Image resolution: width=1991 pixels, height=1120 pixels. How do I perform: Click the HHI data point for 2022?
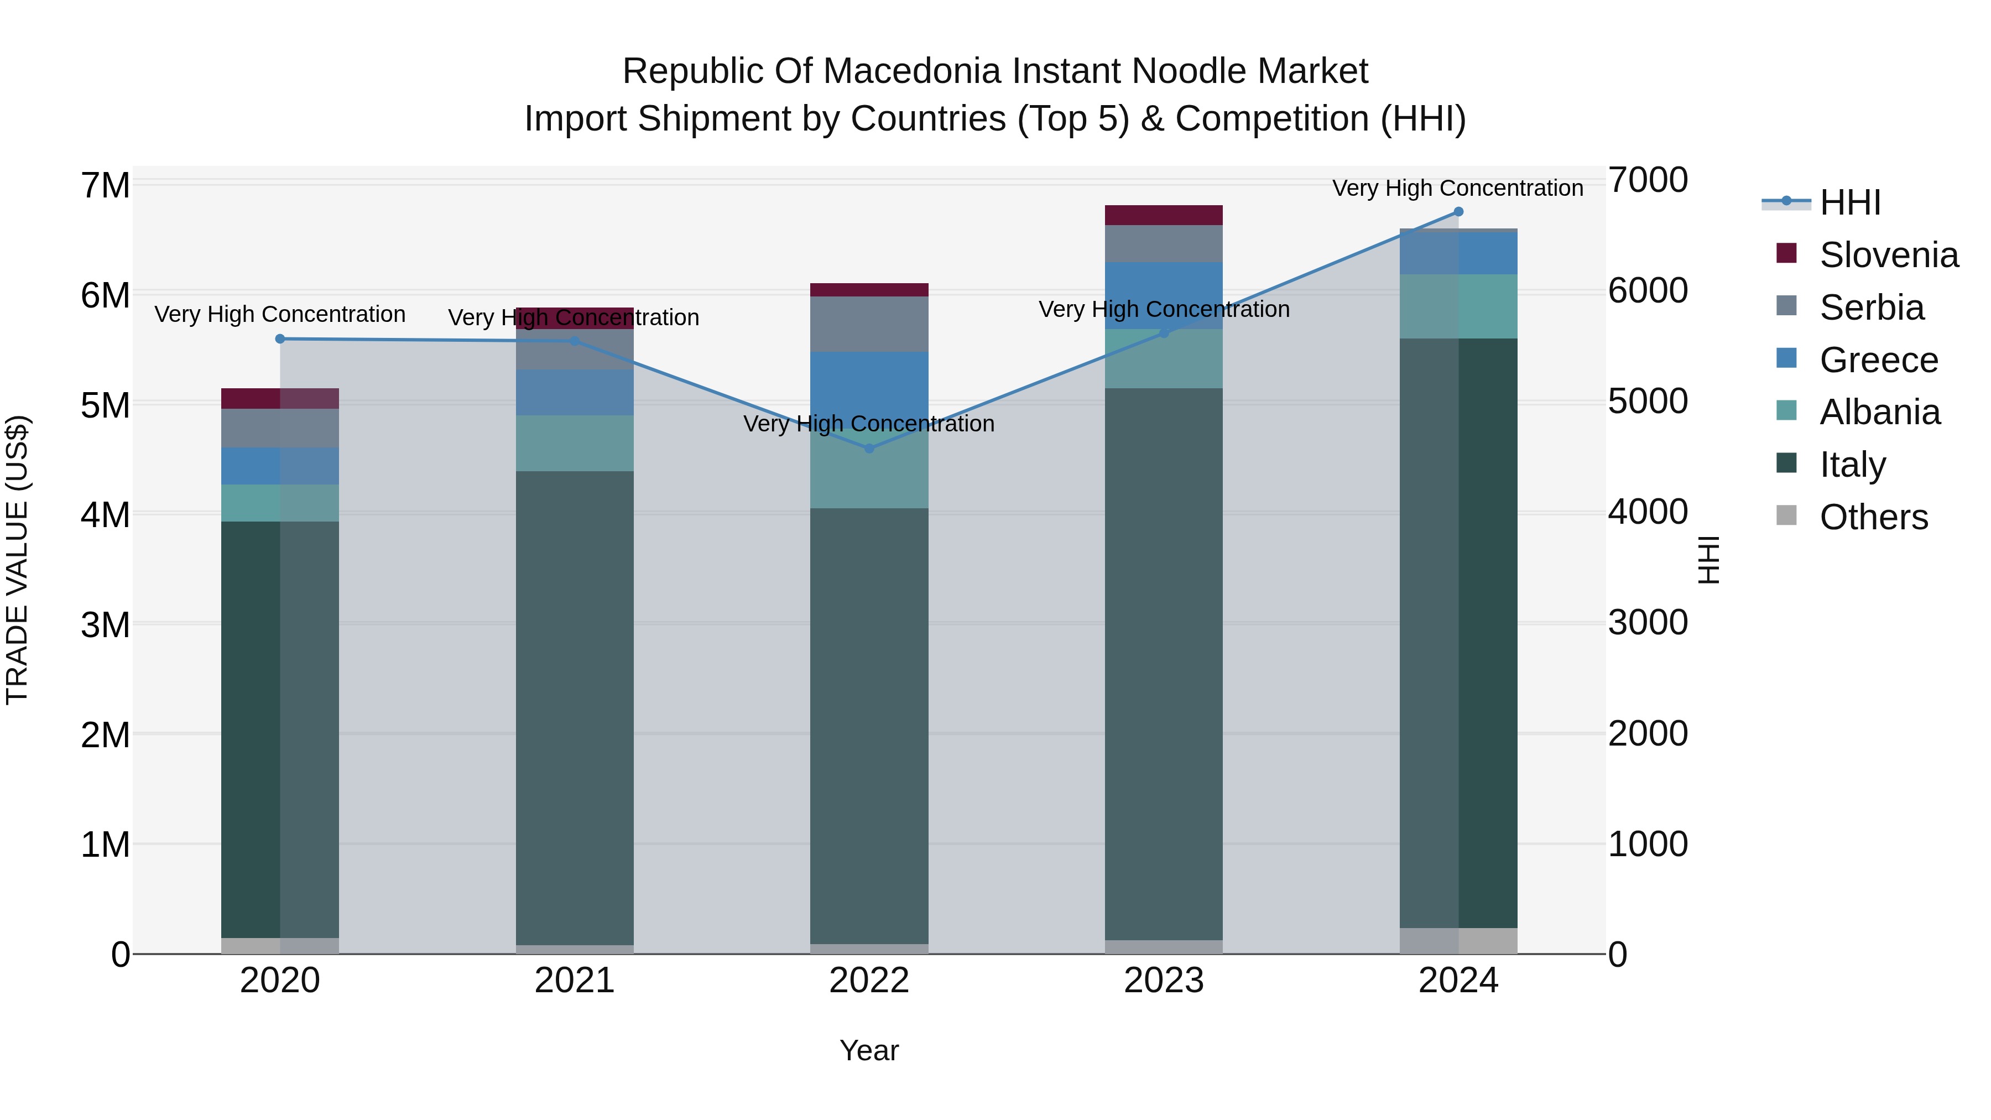click(869, 449)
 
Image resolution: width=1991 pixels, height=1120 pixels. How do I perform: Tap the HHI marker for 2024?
click(1458, 212)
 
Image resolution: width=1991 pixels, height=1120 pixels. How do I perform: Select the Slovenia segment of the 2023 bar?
click(1163, 215)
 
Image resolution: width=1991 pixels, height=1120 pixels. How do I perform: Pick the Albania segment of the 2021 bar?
click(574, 443)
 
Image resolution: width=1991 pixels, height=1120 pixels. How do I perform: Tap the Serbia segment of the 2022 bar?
click(869, 324)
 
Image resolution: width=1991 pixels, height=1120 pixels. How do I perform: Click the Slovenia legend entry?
click(1888, 255)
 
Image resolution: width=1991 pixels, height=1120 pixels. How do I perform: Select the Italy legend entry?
click(1853, 465)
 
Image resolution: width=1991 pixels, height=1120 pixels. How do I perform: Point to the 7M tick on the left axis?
click(106, 185)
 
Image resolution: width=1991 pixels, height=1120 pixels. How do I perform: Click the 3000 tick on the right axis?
click(1648, 622)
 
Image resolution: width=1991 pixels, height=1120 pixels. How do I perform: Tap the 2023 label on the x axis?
click(1163, 981)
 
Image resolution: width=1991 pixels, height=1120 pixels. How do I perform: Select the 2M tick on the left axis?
click(106, 734)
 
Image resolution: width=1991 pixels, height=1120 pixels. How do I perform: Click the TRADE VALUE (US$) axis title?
click(17, 560)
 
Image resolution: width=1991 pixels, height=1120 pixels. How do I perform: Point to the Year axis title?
click(869, 1050)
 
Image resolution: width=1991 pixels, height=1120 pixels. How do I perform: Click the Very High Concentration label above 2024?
click(1458, 188)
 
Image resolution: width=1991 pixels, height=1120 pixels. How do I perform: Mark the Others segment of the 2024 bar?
click(1458, 941)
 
